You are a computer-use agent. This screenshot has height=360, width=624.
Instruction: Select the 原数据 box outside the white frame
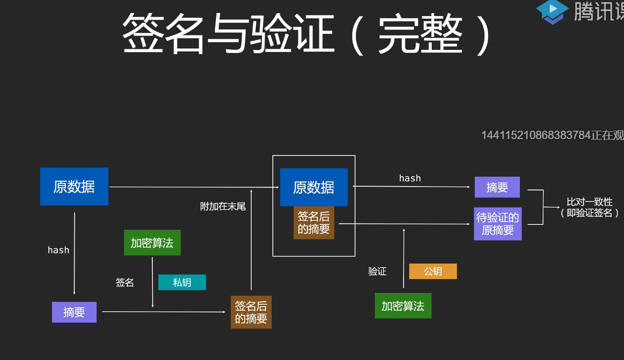click(x=74, y=187)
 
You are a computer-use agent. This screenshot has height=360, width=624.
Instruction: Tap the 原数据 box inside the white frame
click(x=313, y=188)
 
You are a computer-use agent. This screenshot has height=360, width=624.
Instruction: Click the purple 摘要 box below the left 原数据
click(x=74, y=312)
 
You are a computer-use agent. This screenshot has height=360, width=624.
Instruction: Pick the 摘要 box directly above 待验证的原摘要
click(x=497, y=187)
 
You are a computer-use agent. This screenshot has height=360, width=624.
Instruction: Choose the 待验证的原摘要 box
click(x=498, y=224)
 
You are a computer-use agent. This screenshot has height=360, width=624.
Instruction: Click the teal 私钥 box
click(x=182, y=282)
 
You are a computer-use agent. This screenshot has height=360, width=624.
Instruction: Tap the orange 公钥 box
click(x=433, y=271)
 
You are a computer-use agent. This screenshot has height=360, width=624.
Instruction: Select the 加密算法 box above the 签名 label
click(x=152, y=243)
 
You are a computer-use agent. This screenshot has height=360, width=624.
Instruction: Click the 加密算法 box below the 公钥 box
click(x=403, y=306)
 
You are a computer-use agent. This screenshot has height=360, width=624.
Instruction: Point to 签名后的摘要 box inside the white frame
click(x=313, y=223)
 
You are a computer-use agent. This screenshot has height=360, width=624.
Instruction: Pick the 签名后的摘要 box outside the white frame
click(x=251, y=312)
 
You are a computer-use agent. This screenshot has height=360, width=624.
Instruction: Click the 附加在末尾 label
click(x=223, y=207)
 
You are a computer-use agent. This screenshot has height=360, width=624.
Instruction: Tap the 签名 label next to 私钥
click(x=125, y=282)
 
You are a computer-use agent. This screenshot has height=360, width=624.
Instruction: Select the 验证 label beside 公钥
click(x=378, y=271)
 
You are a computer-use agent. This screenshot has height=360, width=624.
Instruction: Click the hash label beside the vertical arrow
click(x=58, y=250)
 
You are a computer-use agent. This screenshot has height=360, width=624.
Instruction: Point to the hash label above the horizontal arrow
click(x=410, y=178)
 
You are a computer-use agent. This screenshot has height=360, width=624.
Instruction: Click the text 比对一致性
click(x=589, y=202)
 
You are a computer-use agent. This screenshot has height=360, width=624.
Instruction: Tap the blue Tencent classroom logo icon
click(x=552, y=11)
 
